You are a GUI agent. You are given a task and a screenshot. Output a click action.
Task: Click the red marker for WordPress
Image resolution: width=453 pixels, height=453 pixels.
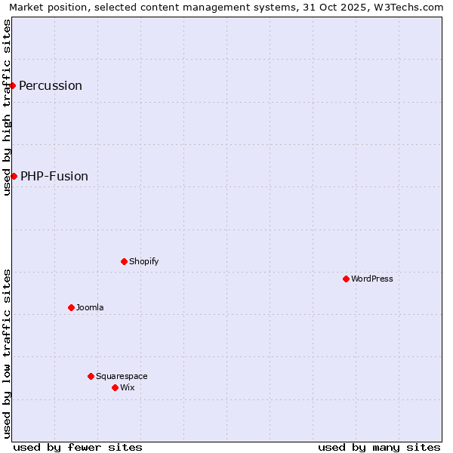(x=346, y=279)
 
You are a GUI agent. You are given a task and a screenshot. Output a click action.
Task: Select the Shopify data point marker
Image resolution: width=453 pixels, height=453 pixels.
(x=124, y=261)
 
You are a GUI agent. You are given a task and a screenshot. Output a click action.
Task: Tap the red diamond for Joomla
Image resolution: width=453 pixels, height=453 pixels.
(x=71, y=307)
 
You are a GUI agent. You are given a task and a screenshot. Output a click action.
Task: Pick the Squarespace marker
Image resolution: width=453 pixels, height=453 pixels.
(x=91, y=376)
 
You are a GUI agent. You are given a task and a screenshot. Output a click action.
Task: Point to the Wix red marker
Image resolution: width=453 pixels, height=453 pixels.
(x=115, y=387)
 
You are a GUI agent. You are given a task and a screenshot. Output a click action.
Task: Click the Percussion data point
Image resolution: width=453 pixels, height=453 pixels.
(x=13, y=85)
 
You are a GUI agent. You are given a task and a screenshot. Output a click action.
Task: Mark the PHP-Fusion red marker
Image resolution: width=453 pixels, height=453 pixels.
(x=14, y=176)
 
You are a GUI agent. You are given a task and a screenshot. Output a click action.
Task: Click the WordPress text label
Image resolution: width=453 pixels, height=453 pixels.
(x=372, y=279)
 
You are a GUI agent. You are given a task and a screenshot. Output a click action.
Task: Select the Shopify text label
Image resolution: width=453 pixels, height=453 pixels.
(x=144, y=261)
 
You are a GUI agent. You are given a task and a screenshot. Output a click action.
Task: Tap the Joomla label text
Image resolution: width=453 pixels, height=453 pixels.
(x=90, y=307)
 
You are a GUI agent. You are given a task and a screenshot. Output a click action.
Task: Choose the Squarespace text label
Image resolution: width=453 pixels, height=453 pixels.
(x=122, y=376)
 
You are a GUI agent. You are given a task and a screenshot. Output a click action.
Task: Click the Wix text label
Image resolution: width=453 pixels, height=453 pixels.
(x=128, y=387)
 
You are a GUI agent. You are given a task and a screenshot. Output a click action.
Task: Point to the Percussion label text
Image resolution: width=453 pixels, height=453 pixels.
(x=51, y=85)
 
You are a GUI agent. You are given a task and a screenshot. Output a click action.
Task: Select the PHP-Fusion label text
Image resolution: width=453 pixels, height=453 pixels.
(x=54, y=176)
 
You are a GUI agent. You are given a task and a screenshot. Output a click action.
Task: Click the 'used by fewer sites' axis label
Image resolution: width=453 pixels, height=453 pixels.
(x=78, y=447)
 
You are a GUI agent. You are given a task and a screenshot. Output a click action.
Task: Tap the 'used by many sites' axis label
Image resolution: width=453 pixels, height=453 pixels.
(x=379, y=447)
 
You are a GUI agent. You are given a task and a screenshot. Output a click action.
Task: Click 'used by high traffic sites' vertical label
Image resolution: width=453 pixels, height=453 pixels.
(x=7, y=107)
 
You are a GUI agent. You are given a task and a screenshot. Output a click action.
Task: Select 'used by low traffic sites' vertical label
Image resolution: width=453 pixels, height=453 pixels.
(x=7, y=353)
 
